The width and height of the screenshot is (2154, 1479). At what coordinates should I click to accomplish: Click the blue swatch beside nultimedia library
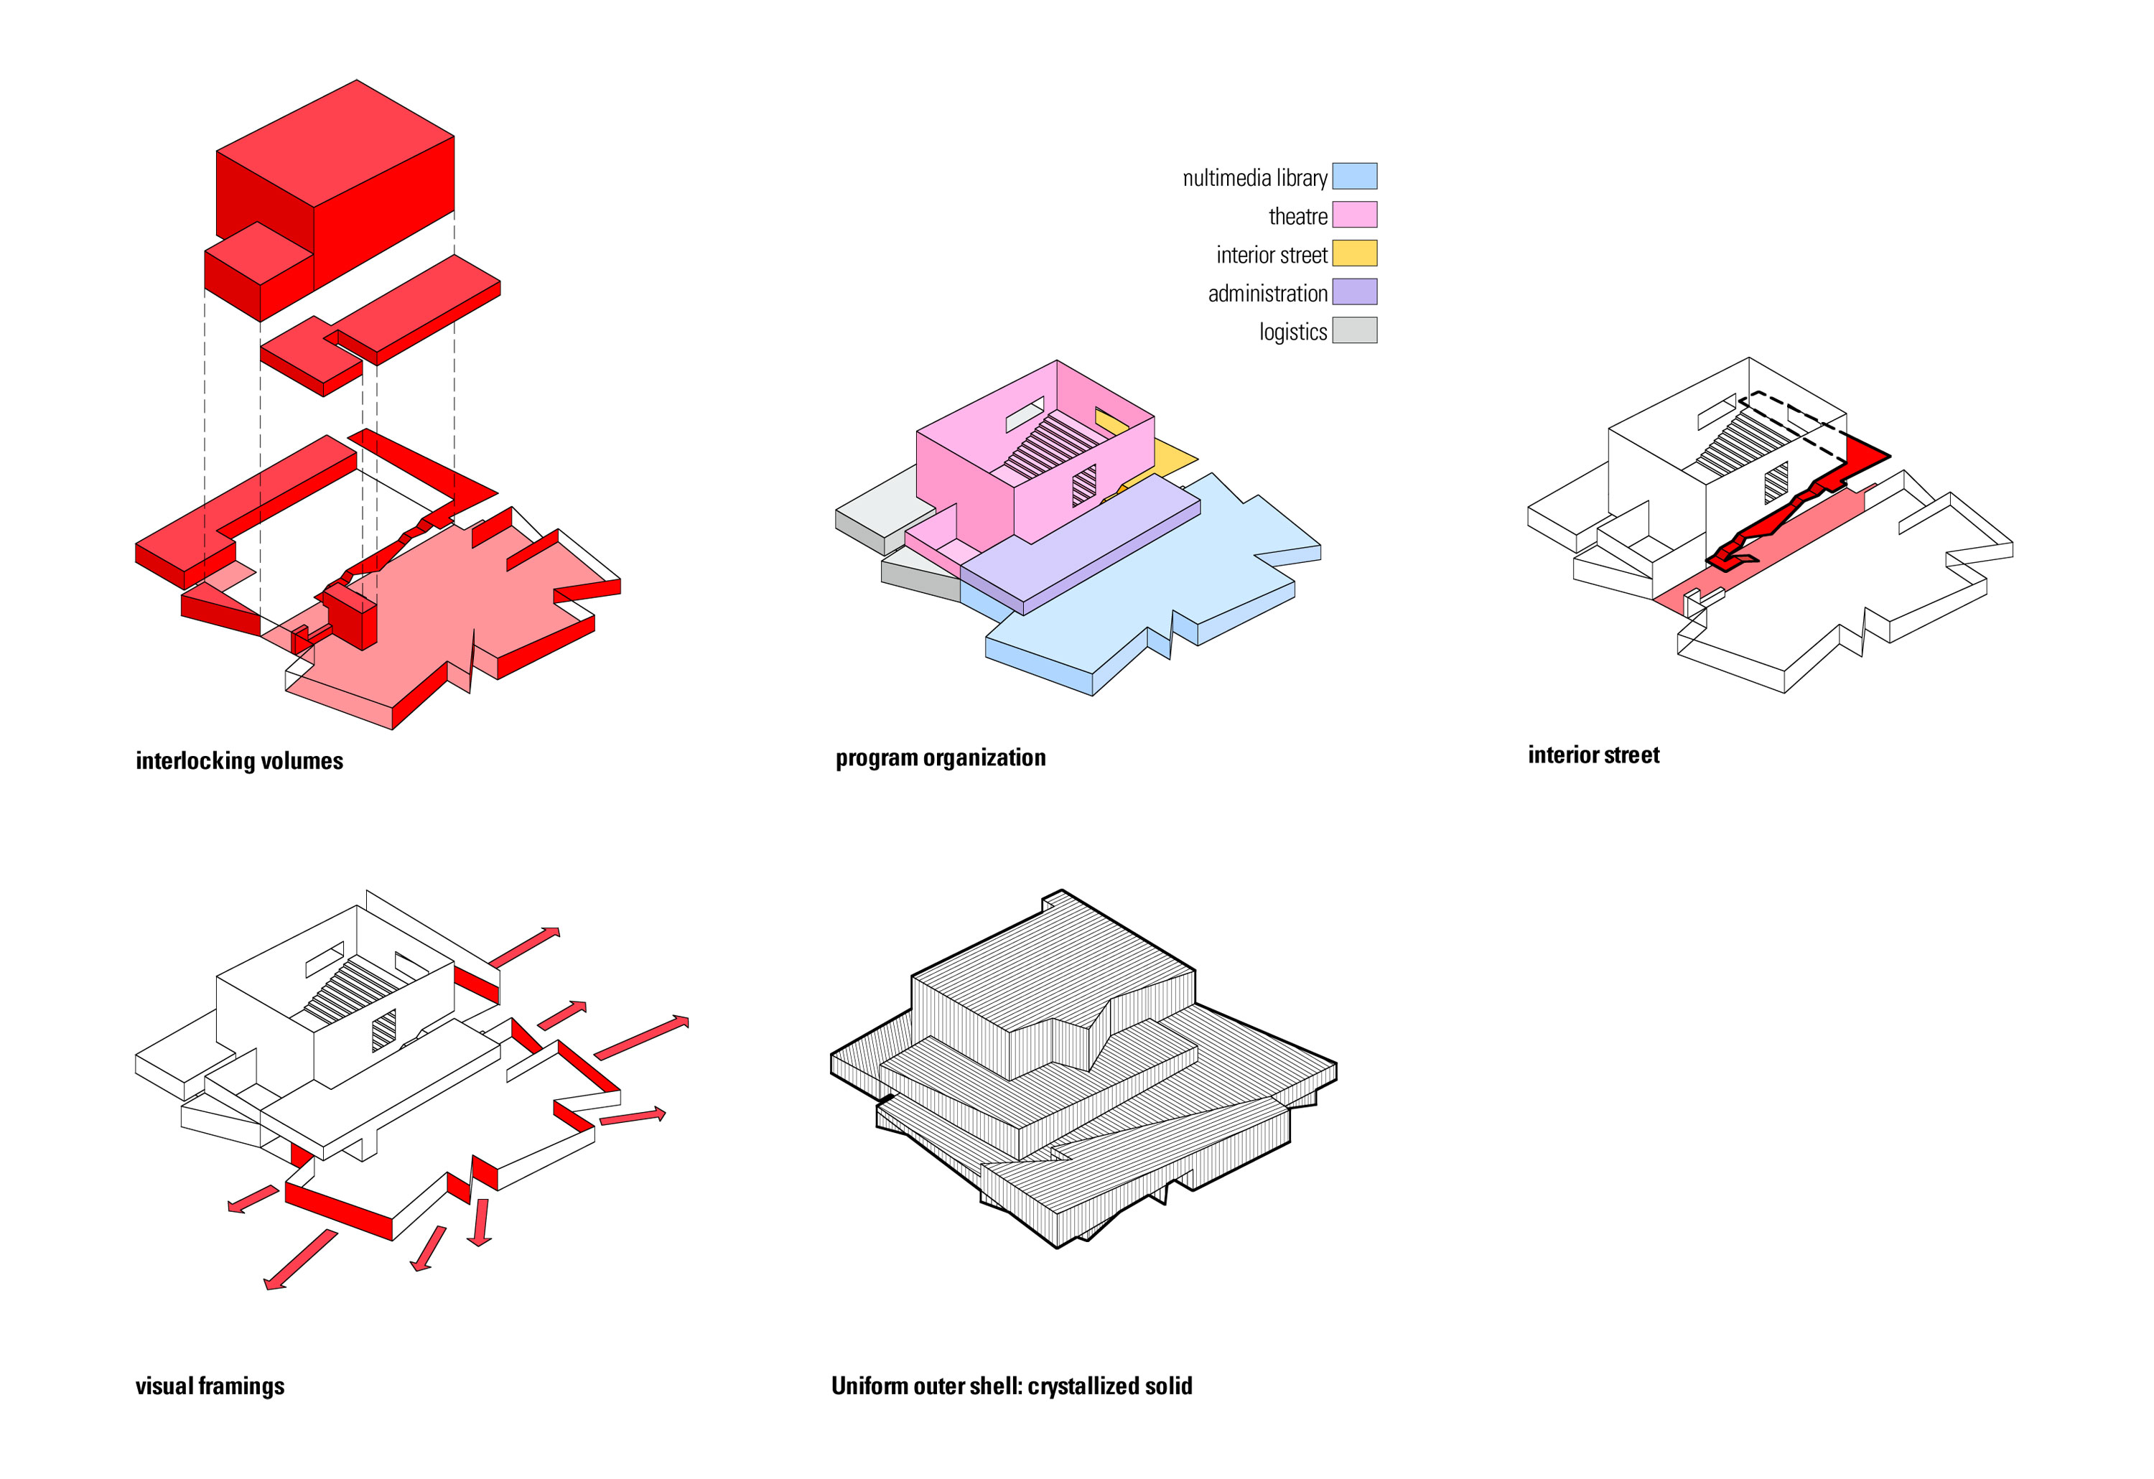point(1354,176)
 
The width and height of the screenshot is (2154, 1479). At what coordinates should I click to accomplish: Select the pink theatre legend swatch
point(1354,215)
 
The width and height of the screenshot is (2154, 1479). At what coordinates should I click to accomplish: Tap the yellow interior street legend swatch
point(1354,253)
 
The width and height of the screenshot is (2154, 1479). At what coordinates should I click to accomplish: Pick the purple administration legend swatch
point(1354,292)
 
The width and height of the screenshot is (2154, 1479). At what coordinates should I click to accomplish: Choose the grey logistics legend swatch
point(1354,331)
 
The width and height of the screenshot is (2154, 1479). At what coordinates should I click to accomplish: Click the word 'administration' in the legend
point(1267,294)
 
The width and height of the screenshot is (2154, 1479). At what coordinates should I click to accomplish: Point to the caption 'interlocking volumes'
point(239,761)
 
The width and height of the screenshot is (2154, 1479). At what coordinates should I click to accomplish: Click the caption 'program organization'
point(940,758)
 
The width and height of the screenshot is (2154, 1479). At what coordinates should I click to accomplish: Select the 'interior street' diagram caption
point(1593,755)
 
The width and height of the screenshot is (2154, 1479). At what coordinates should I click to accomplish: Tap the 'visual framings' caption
point(210,1386)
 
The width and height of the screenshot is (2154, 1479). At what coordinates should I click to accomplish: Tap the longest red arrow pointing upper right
point(641,1039)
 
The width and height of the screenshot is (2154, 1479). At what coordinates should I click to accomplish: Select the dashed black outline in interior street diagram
point(1789,411)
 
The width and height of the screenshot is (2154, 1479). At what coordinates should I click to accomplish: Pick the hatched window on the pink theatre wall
point(1083,485)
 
